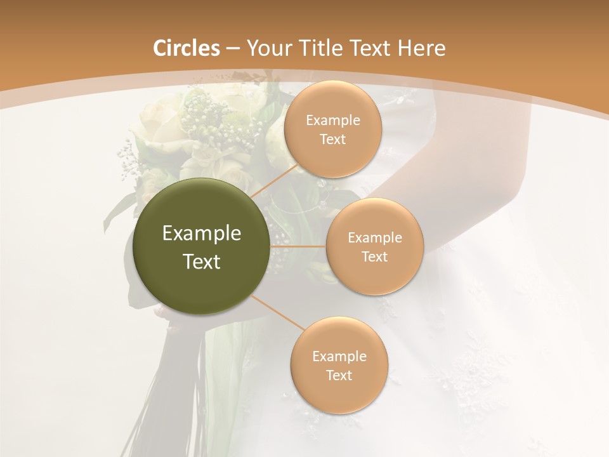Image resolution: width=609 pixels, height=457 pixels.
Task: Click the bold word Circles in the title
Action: click(x=186, y=48)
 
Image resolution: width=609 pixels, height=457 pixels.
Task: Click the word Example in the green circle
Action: click(x=202, y=234)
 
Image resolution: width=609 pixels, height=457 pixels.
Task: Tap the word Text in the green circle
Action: click(x=202, y=262)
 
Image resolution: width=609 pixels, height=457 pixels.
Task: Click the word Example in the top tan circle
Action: click(x=333, y=121)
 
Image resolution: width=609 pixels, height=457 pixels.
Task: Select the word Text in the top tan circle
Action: click(x=333, y=140)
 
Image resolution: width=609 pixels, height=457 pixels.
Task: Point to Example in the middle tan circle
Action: click(x=375, y=238)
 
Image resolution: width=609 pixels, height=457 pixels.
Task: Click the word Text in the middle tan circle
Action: click(x=375, y=257)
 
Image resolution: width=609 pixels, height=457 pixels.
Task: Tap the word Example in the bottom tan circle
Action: click(x=339, y=356)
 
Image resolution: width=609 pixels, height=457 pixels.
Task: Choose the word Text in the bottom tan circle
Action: click(x=339, y=375)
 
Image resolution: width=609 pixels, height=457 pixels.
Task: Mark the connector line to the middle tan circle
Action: click(x=298, y=246)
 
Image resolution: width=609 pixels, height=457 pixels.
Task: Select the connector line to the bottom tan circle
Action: click(x=278, y=312)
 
